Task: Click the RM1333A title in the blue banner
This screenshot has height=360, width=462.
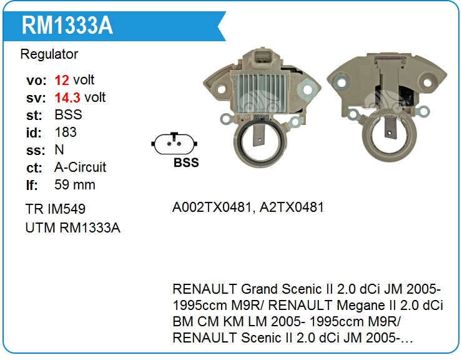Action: coord(67,26)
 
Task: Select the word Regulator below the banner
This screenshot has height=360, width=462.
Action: coord(49,54)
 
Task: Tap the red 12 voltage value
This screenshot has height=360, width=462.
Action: coord(62,80)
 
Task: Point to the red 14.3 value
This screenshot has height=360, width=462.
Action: coord(67,97)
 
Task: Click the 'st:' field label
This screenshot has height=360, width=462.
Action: coord(34,116)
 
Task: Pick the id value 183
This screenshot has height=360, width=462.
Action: coord(66,132)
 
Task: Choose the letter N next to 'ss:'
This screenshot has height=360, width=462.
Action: coord(59,150)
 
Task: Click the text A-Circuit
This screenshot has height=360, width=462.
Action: coord(80,167)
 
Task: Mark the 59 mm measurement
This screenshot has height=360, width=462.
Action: coord(75,185)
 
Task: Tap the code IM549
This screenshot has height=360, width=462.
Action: coord(67,209)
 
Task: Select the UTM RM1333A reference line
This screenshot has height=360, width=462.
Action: coord(73,227)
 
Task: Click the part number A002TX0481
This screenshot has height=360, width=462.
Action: coord(212,207)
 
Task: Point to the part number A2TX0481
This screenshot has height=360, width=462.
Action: coord(292,207)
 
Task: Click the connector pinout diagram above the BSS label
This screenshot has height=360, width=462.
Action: coord(174,144)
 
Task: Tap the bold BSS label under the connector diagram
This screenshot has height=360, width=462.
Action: coord(186,162)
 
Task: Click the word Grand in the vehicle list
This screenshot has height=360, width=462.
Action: coord(258,289)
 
